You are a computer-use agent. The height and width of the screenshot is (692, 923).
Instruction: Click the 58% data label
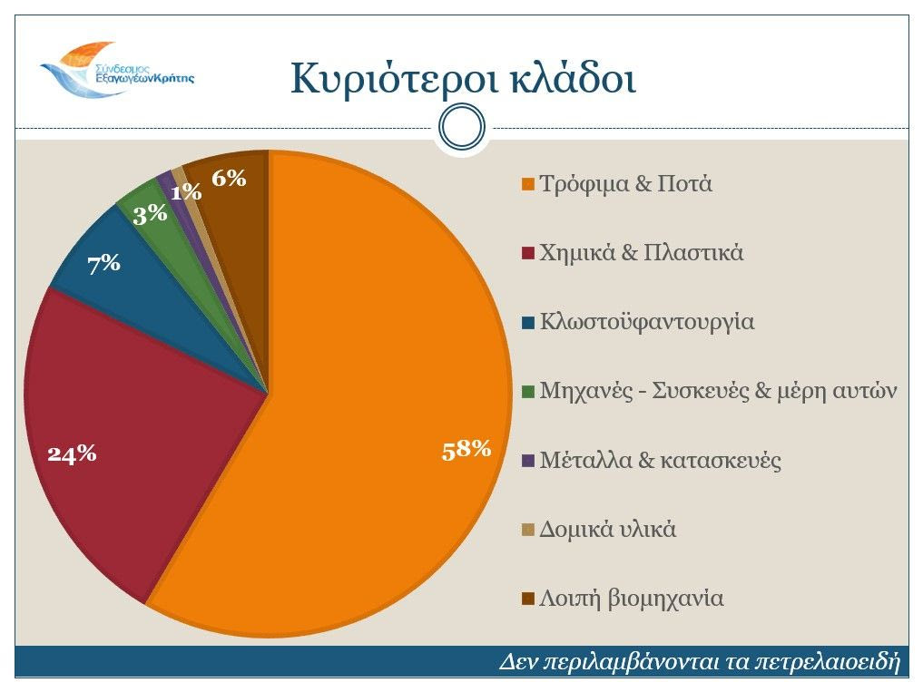[466, 449]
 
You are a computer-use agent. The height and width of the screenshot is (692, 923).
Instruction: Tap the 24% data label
[73, 454]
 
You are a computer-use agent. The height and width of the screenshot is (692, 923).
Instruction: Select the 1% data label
[186, 191]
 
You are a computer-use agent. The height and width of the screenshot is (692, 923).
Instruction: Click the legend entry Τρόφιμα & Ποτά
[625, 184]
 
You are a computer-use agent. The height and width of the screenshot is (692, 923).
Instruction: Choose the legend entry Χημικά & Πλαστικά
[641, 253]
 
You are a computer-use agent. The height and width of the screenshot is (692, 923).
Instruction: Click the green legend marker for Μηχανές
[527, 392]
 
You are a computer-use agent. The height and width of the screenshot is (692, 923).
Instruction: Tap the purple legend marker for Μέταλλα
[527, 461]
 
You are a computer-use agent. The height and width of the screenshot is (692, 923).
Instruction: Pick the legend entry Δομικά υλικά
[607, 530]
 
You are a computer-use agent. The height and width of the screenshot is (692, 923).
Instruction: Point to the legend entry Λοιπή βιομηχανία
[631, 599]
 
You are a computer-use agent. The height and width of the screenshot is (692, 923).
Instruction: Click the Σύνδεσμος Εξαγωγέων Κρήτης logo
[116, 68]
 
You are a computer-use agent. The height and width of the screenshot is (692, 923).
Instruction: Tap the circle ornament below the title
[461, 128]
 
